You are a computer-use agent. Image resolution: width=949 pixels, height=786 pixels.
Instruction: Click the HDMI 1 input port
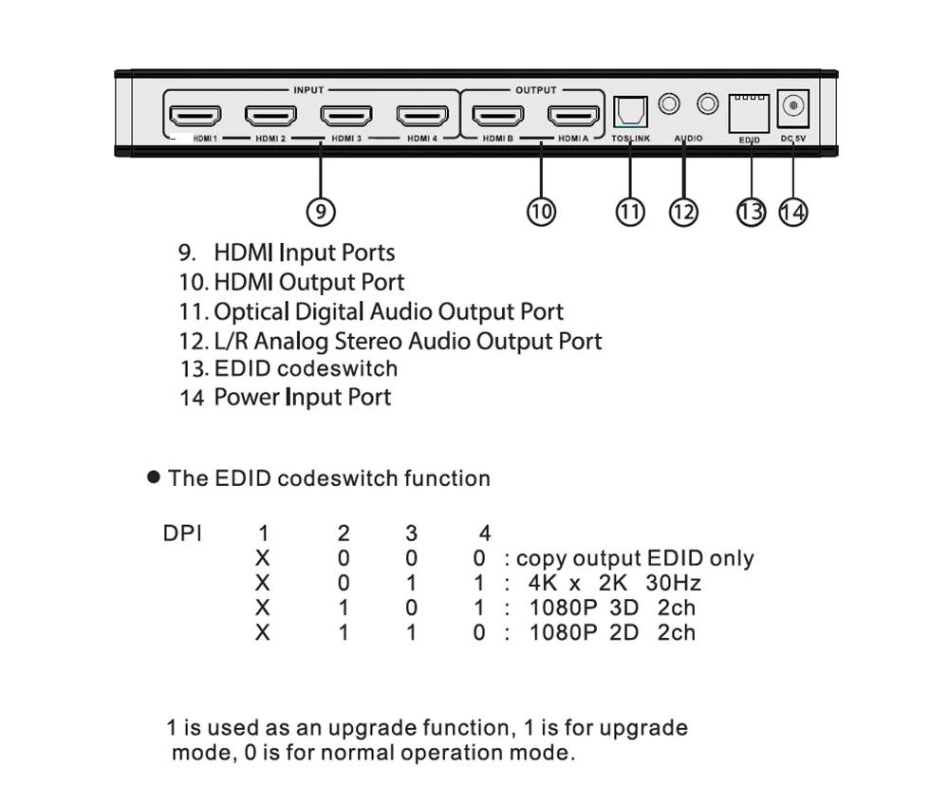click(x=195, y=115)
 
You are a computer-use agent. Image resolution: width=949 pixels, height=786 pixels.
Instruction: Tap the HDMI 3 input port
click(x=346, y=115)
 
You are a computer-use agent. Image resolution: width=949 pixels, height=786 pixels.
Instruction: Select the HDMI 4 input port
click(x=422, y=115)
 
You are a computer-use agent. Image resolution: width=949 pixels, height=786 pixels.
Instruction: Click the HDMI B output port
click(x=498, y=115)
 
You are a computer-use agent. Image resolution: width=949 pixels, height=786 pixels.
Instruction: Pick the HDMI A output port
click(x=574, y=115)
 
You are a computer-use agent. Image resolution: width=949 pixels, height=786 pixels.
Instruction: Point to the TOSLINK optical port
click(x=631, y=112)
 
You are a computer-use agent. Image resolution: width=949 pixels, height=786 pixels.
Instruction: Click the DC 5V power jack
click(x=793, y=107)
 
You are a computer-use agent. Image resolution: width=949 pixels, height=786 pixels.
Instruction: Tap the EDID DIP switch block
click(x=750, y=113)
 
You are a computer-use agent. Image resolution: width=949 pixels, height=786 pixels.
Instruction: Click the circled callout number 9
click(x=321, y=212)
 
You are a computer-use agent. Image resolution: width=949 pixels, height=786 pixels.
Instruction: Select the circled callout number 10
click(x=541, y=212)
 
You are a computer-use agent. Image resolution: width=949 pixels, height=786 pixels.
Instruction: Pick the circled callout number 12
click(x=683, y=212)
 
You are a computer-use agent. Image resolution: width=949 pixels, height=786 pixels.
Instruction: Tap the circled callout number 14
click(x=792, y=212)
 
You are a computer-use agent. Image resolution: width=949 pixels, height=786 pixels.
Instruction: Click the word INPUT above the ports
click(x=308, y=90)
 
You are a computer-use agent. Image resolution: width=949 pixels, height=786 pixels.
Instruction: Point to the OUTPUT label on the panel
click(x=536, y=90)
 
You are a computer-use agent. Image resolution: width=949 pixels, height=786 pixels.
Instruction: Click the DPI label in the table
click(x=182, y=533)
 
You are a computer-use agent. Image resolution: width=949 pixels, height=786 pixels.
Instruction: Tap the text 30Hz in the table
click(x=674, y=583)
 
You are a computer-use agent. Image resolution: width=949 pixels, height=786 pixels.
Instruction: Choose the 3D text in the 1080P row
click(x=624, y=608)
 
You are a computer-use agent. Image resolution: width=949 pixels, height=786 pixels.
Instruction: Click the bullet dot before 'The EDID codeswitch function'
click(x=154, y=477)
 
